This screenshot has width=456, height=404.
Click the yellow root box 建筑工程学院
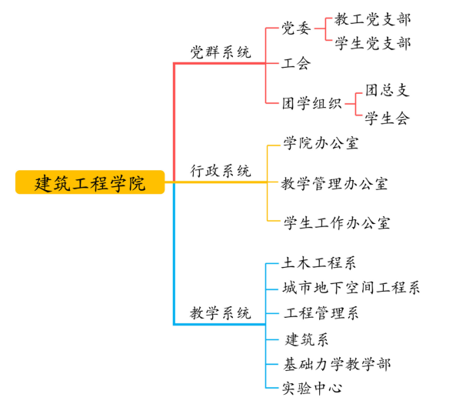(x=90, y=182)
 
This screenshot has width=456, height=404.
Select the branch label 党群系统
(x=221, y=52)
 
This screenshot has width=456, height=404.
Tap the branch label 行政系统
(x=221, y=171)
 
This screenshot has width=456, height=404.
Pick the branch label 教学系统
(x=221, y=313)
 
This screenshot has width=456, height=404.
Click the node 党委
(x=296, y=28)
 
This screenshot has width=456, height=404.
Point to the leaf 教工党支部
(x=372, y=19)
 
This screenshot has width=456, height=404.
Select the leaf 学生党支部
(x=372, y=43)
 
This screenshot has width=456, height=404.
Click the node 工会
(x=296, y=63)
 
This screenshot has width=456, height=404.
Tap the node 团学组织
(x=311, y=104)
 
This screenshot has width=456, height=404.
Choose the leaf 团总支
(x=388, y=90)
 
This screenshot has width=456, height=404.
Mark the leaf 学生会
(x=388, y=119)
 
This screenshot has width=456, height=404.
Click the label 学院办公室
(x=321, y=143)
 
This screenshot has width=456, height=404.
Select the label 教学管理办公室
(x=335, y=184)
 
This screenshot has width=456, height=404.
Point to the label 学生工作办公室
(x=337, y=223)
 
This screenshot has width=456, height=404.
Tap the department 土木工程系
(x=318, y=263)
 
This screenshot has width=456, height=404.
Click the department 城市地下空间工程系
(x=351, y=288)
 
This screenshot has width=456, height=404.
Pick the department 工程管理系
(x=321, y=313)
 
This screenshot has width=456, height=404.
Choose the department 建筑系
(x=307, y=339)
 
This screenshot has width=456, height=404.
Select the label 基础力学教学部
(x=337, y=365)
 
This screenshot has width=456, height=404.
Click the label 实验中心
(x=311, y=388)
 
